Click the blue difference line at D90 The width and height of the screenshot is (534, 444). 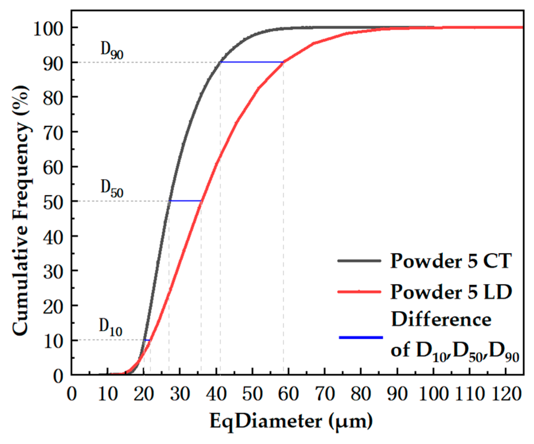[252, 62]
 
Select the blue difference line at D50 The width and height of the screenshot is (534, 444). [185, 201]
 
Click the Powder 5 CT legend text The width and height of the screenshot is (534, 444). [451, 261]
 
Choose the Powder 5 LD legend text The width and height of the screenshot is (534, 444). [451, 292]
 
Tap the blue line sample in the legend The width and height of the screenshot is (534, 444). [361, 337]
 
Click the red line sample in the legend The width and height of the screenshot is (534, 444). [359, 292]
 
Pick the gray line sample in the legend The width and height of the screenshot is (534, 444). [359, 261]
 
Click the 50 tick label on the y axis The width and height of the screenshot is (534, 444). [53, 202]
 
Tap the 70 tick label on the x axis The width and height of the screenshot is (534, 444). [325, 394]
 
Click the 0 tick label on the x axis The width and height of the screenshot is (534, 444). [72, 394]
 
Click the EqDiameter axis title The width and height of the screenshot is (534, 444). [291, 421]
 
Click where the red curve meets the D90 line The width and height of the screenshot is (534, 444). [283, 62]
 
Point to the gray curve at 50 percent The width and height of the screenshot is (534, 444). [169, 201]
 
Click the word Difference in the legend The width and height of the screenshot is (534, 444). [441, 319]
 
